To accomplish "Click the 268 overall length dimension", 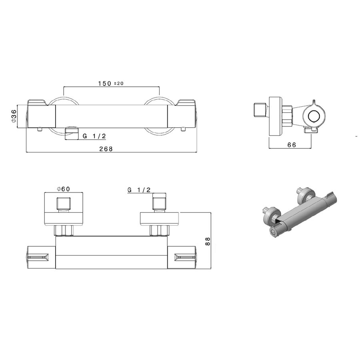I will pos(106,149).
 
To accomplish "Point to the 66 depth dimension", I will pos(292,145).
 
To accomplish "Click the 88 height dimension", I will pos(207,241).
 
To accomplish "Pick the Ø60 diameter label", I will pos(64,189).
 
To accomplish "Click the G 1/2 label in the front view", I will pos(94,136).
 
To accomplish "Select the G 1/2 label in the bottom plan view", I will pos(139,189).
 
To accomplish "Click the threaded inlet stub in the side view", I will pos(260,110).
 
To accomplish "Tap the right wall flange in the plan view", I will pos(160,219).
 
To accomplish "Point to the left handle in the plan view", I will pos(40,256).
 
